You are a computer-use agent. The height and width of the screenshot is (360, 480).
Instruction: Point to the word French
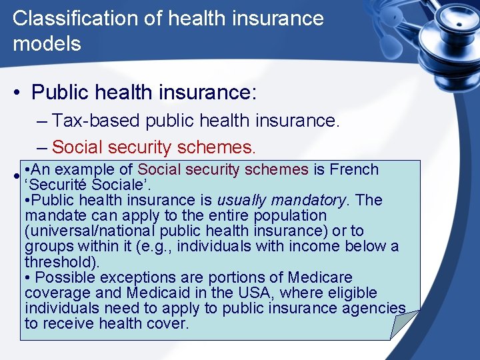[x=355, y=169]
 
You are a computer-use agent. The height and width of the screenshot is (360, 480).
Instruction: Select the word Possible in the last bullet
[x=60, y=277]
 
